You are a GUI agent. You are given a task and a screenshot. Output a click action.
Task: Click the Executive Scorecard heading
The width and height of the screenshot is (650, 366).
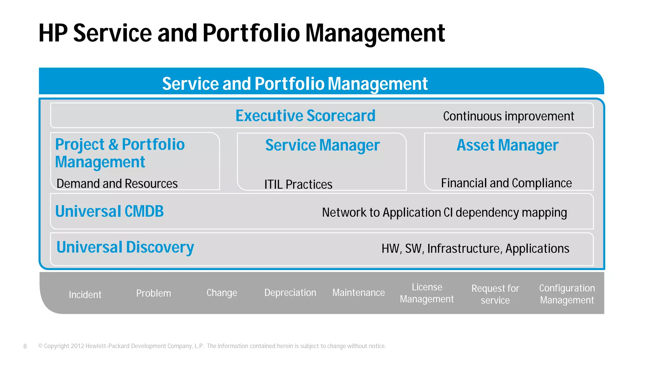point(305,116)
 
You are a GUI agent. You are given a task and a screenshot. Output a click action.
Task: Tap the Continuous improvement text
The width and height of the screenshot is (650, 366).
point(508,116)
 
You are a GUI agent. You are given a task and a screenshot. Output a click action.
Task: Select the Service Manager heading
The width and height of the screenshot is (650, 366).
point(322,145)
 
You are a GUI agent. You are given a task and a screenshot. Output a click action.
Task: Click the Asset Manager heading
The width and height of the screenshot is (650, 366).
point(507,145)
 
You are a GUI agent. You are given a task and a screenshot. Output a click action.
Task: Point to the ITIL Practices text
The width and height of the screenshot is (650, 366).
point(298,184)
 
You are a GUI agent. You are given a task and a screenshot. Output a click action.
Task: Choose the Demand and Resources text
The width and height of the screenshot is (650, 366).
point(117,184)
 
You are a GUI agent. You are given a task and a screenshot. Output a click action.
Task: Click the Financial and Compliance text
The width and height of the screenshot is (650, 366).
point(506,183)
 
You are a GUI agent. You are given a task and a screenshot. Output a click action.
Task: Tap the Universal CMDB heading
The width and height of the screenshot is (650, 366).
point(109,211)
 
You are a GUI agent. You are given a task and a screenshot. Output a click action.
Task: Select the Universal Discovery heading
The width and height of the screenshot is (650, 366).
point(125,247)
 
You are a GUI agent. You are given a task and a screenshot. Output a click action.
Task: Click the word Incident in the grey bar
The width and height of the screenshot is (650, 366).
point(85,295)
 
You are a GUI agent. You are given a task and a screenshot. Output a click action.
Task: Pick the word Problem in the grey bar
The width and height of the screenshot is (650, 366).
point(154,293)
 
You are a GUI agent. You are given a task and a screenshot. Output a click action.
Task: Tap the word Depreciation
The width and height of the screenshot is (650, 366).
point(290,293)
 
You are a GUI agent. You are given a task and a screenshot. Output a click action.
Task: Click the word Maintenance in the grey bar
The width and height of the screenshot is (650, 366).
point(358,293)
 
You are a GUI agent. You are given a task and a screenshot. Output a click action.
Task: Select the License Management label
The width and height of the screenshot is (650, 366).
point(427,293)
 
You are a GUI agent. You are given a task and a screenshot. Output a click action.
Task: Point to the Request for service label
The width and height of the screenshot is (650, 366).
point(495,294)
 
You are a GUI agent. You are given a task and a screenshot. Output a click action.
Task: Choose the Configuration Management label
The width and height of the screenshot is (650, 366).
point(567,294)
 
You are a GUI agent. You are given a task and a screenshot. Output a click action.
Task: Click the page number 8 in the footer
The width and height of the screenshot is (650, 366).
point(25,346)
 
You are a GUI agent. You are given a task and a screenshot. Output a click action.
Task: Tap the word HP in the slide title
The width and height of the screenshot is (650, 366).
point(53,33)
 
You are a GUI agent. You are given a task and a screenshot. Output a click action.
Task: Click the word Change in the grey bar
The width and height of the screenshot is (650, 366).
point(222,293)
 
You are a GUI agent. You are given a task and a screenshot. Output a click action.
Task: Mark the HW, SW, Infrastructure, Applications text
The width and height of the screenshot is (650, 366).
point(475,248)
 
